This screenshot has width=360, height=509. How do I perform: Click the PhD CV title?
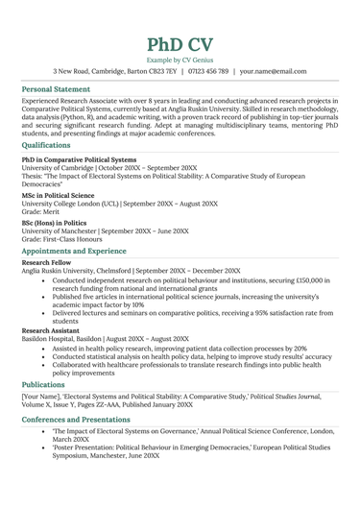(180, 45)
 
